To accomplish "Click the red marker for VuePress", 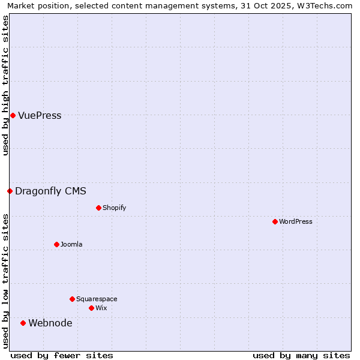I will click(x=13, y=115).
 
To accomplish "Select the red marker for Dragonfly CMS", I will click(x=10, y=191).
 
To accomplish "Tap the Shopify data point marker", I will click(x=98, y=208).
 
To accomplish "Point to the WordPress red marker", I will click(x=275, y=221).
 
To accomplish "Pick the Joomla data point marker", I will click(x=56, y=244).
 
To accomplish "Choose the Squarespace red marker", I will click(x=72, y=299).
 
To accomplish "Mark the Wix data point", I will click(x=91, y=308).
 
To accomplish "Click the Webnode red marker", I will click(x=23, y=323).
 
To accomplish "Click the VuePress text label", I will click(x=40, y=116).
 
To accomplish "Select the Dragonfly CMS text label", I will click(x=50, y=191).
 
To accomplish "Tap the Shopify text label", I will click(x=114, y=208).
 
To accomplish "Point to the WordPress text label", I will click(x=295, y=221).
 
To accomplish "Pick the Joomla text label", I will click(x=71, y=244).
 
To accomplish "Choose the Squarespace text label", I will click(x=97, y=299).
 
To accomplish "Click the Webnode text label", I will click(x=50, y=323).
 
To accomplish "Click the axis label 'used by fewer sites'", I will click(x=61, y=355).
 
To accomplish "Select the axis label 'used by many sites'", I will click(x=301, y=355).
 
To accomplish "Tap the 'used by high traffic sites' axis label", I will click(x=5, y=85).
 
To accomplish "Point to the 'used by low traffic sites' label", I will click(x=5, y=281).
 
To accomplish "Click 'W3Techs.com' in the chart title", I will click(x=325, y=5).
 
